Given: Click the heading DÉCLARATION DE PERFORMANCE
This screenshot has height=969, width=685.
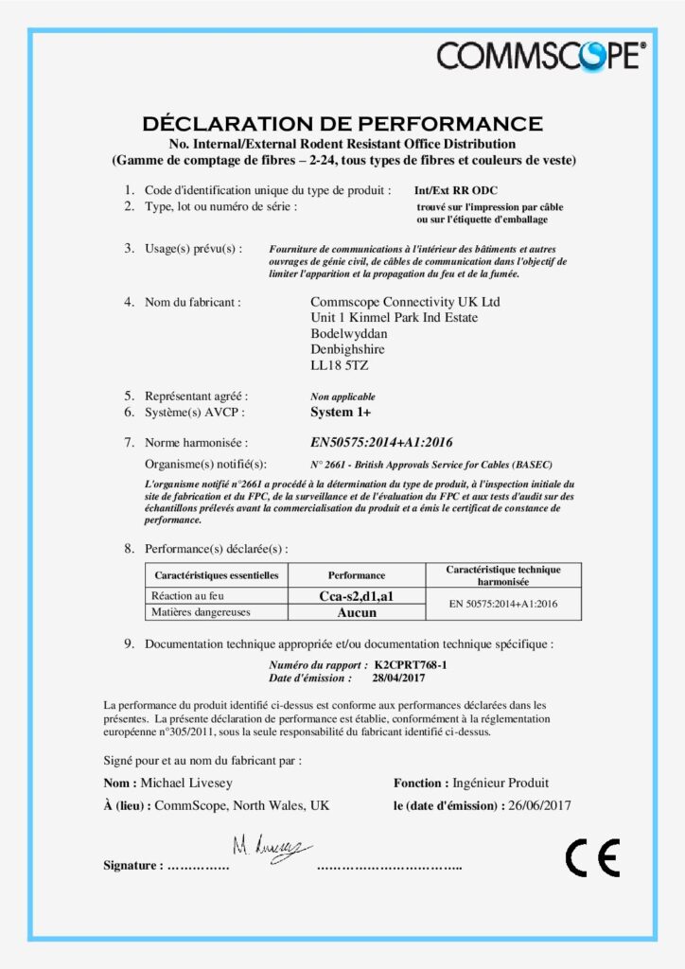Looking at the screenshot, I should tap(342, 124).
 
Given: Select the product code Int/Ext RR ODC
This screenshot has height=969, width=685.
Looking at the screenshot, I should tap(456, 190).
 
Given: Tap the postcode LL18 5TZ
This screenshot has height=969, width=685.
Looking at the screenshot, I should tap(339, 364).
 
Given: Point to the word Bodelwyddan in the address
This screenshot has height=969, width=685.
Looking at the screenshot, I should tap(348, 333).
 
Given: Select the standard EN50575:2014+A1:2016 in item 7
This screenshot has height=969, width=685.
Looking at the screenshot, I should tap(381, 442).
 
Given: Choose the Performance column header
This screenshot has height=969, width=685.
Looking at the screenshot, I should tap(356, 575).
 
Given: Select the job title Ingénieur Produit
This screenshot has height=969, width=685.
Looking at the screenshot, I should tap(501, 783).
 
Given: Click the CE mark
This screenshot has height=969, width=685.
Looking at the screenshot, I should tap(592, 857).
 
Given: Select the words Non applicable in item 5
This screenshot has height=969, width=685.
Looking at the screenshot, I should tap(342, 396).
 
